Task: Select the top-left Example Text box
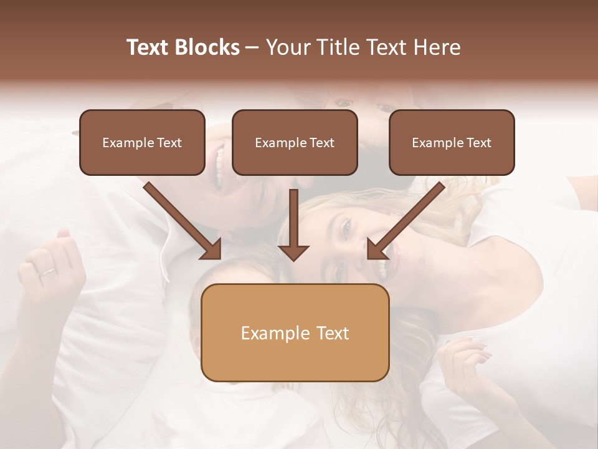142,142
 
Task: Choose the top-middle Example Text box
295,142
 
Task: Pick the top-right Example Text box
452,142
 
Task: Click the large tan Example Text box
295,332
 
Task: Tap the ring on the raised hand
47,272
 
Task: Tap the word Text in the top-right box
478,143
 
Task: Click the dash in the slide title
252,47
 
